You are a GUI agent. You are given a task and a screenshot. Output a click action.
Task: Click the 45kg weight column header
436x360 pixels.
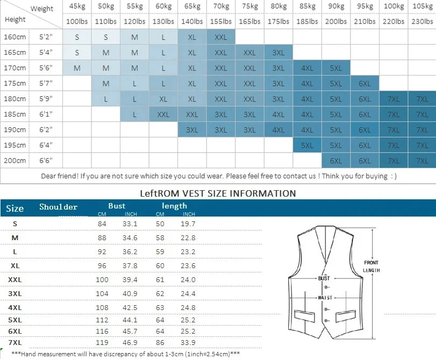(x=76, y=6)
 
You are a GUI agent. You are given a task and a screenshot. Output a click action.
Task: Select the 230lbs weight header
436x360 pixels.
(x=422, y=22)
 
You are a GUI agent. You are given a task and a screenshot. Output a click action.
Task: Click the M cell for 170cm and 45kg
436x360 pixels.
(x=77, y=68)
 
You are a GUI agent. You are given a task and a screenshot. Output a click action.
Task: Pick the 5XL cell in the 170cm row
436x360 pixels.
(x=336, y=68)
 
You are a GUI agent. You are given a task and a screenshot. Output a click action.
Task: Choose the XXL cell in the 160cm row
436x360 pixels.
(x=220, y=38)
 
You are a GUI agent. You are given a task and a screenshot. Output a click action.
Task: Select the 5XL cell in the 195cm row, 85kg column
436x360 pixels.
(x=307, y=145)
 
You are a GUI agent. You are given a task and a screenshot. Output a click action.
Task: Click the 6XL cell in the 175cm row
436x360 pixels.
(x=364, y=84)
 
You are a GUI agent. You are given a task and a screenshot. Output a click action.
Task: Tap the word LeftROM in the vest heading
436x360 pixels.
(x=158, y=193)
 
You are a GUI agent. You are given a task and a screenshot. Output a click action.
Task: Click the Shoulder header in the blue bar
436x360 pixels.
(x=58, y=207)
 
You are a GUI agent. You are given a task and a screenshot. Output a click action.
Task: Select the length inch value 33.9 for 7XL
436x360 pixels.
(x=188, y=342)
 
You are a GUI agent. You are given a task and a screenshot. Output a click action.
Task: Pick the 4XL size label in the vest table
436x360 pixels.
(x=15, y=308)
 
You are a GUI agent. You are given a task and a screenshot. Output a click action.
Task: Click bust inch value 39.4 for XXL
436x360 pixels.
(x=130, y=280)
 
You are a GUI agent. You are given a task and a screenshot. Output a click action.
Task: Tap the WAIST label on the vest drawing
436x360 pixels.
(x=324, y=298)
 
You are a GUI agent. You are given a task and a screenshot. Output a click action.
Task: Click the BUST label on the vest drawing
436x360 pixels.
(x=324, y=278)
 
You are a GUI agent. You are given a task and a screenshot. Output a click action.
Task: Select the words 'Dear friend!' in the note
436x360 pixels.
(x=59, y=176)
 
